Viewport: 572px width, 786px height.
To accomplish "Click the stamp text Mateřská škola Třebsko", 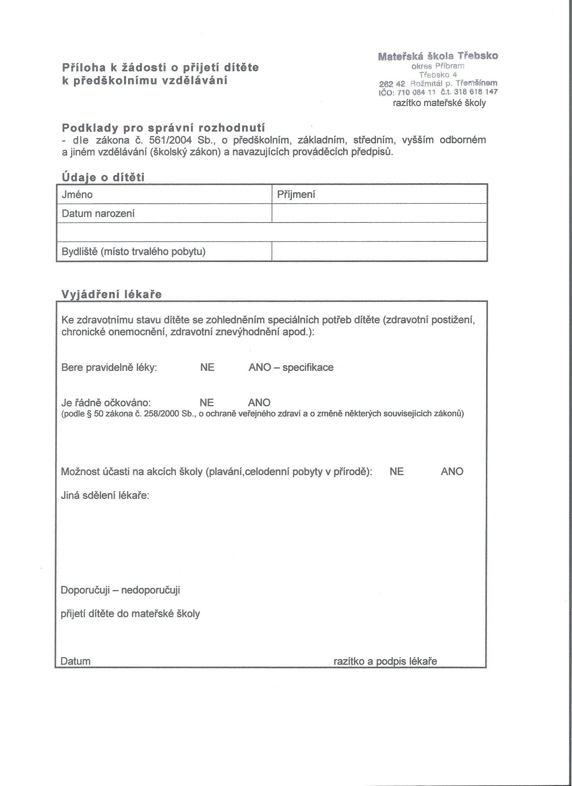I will tap(438, 56).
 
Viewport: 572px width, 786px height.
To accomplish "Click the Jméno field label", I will tap(77, 195).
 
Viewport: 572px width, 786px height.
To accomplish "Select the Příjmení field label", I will tap(295, 195).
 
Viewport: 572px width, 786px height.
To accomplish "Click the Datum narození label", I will tap(98, 213).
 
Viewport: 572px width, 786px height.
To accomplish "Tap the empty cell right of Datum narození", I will tap(380, 213).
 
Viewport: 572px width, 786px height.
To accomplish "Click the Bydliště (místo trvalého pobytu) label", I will tap(134, 251).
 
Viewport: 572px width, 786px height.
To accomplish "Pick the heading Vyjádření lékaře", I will tap(111, 294).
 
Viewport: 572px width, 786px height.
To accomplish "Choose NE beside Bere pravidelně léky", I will tap(207, 367).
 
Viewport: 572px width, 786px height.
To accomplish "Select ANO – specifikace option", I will tap(291, 367).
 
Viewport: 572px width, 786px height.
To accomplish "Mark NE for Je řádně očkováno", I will tap(207, 403).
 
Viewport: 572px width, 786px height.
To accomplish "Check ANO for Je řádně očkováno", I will tap(259, 403).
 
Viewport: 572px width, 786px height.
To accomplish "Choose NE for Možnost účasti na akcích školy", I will tap(396, 472).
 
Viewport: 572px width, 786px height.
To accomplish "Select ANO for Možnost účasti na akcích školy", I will tap(452, 472).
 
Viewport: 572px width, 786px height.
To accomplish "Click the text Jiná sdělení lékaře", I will tap(105, 496).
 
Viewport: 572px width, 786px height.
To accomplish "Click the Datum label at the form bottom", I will tap(75, 661).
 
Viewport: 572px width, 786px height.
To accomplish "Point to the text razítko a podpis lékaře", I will tap(385, 661).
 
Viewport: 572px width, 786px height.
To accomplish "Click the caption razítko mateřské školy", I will tap(439, 103).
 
